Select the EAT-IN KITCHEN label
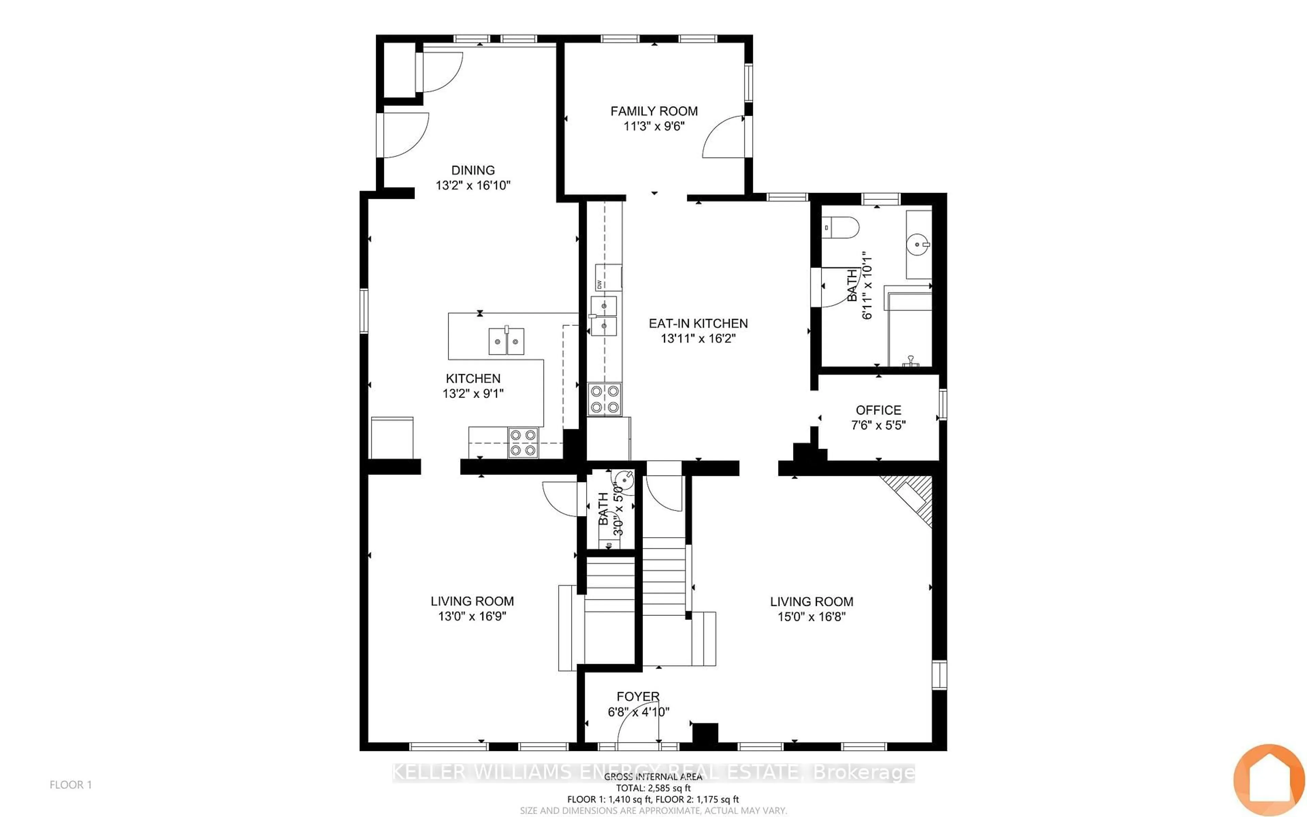click(698, 324)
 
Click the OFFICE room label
click(878, 410)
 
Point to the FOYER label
click(638, 696)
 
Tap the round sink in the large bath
click(918, 244)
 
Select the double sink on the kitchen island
click(129, 341)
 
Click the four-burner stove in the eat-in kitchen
click(604, 399)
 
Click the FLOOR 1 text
click(71, 785)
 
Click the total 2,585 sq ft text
click(653, 788)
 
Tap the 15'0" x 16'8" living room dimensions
click(811, 616)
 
